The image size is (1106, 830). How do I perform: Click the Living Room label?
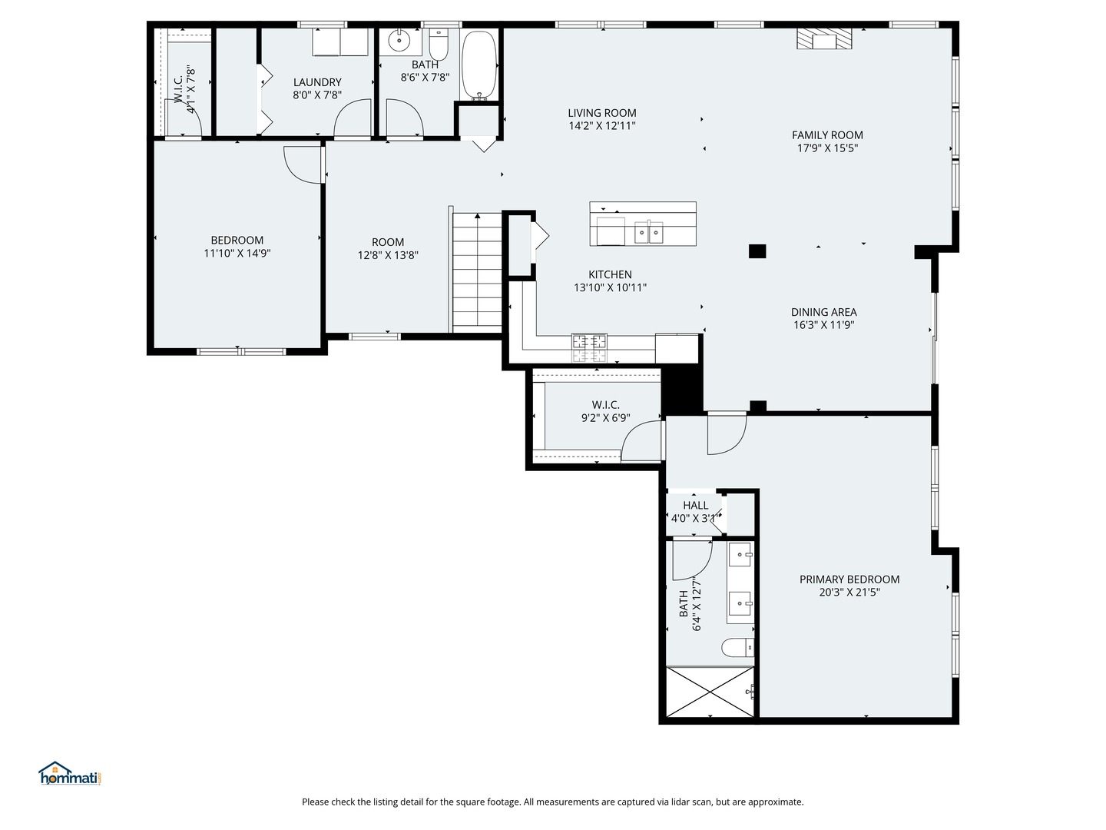602,113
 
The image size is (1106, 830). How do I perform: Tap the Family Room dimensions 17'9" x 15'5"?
827,148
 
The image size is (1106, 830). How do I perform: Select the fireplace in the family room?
824,40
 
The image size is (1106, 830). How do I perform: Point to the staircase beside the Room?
477,272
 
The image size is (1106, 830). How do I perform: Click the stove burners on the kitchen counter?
589,347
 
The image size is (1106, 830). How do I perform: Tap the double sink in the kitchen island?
649,232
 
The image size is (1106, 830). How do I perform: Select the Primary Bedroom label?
849,579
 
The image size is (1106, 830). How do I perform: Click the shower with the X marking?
711,692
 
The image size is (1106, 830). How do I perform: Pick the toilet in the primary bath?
738,648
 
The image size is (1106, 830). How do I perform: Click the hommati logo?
71,774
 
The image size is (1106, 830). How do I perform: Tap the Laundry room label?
317,82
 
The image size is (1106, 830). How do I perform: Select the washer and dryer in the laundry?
340,42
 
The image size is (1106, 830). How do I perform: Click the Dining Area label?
824,312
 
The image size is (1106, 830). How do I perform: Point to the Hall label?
696,506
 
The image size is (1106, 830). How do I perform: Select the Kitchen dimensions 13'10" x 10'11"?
611,287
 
